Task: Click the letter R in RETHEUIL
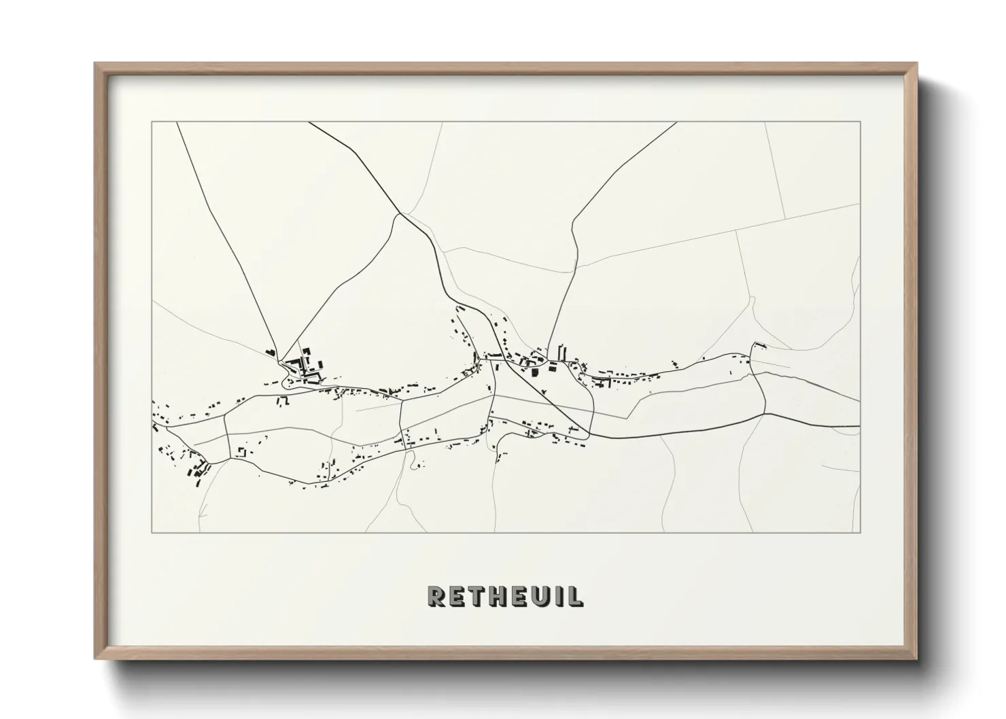coord(436,596)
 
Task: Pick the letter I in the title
coord(559,596)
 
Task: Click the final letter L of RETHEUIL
coord(574,596)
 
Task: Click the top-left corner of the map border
coord(152,122)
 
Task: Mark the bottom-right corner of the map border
coord(860,532)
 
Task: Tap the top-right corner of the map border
coord(860,122)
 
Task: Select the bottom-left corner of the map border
coord(152,532)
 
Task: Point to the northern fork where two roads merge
coord(400,213)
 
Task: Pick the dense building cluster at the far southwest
coord(194,468)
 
